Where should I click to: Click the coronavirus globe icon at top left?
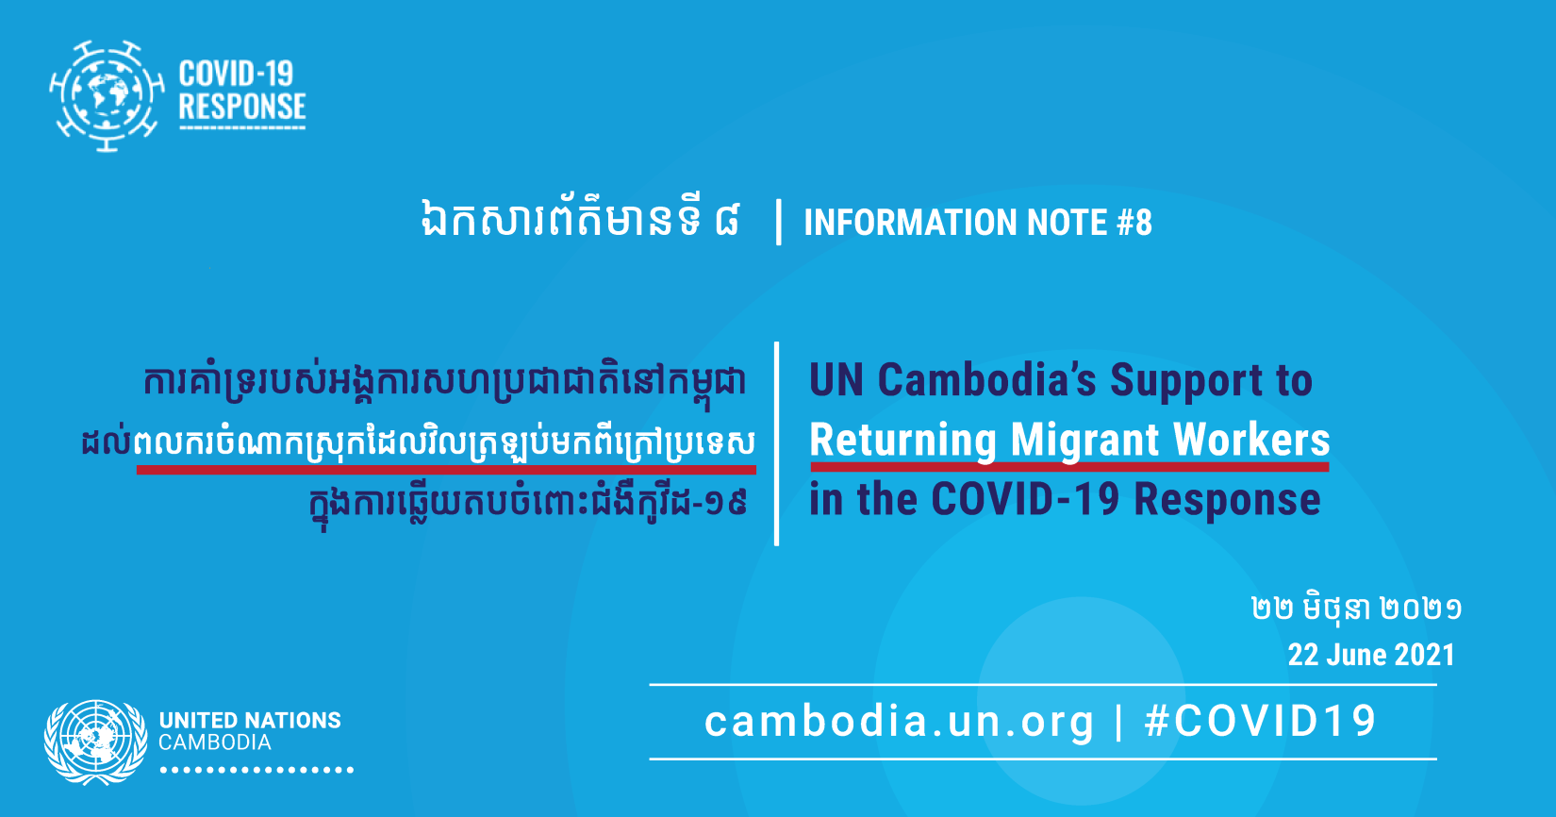coord(107,96)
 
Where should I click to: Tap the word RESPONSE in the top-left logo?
coord(242,107)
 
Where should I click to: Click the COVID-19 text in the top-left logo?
coord(236,74)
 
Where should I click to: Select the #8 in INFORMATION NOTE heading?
coord(1134,223)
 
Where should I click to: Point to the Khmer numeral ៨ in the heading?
coord(726,220)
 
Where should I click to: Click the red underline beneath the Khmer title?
coord(446,471)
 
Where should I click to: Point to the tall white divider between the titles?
coord(777,443)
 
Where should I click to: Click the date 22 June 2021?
coord(1371,655)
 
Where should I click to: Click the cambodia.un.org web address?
coord(900,721)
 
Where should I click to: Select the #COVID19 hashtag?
coord(1260,721)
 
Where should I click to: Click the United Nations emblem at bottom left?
coord(96,742)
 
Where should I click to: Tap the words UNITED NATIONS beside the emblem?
coord(250,721)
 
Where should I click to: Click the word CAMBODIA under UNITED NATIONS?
coord(215,742)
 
